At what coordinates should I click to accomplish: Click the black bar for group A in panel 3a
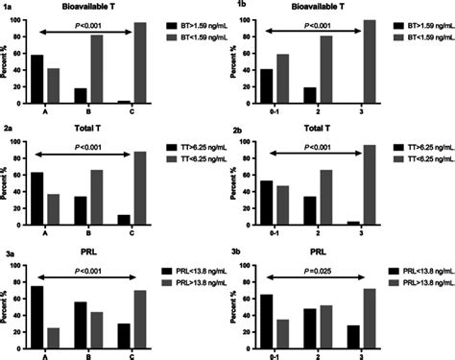pyautogui.click(x=36, y=315)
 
